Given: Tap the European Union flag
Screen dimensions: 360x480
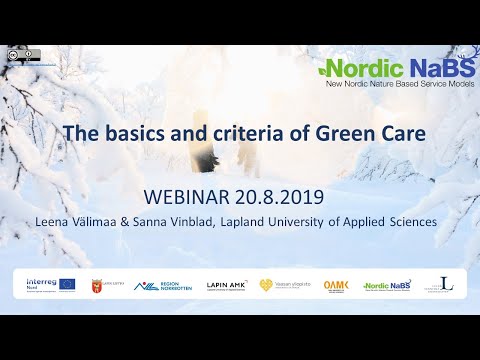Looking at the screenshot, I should (67, 285).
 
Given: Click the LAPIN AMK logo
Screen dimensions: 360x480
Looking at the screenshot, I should (226, 286).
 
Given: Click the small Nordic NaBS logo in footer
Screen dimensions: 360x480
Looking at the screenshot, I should (388, 286).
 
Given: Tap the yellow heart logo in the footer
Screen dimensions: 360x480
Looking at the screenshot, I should (266, 285).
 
